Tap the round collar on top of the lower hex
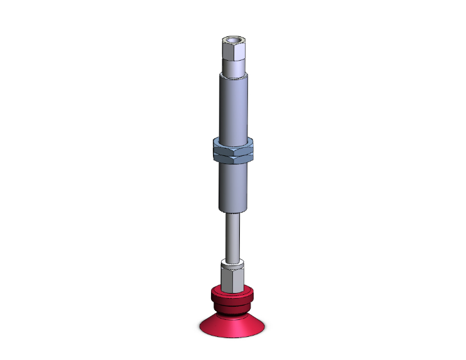(x=232, y=261)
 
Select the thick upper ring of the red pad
(x=232, y=294)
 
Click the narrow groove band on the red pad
(x=232, y=304)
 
